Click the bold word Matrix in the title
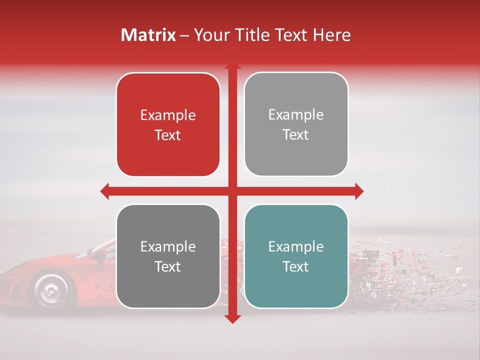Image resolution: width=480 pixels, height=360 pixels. [x=148, y=35]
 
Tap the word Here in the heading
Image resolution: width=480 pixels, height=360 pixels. [x=331, y=35]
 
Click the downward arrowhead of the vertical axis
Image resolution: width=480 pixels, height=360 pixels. [x=232, y=318]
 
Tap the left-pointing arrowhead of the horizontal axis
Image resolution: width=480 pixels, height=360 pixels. [x=105, y=191]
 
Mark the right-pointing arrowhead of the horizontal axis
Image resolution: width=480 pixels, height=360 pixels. [x=358, y=191]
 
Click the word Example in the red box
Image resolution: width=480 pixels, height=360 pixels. [x=168, y=115]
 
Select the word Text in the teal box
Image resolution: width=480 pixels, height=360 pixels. [x=296, y=266]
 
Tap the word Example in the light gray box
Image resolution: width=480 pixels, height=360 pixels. [x=296, y=114]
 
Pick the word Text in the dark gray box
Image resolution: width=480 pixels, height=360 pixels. [x=168, y=266]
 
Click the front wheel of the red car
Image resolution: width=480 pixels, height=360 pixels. [x=49, y=289]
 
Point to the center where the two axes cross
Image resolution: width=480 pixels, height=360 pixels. [x=232, y=191]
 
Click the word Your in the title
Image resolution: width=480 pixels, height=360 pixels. [x=210, y=35]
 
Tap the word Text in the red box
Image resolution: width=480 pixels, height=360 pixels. [x=168, y=135]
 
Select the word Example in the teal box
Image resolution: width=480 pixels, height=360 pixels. [x=296, y=246]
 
